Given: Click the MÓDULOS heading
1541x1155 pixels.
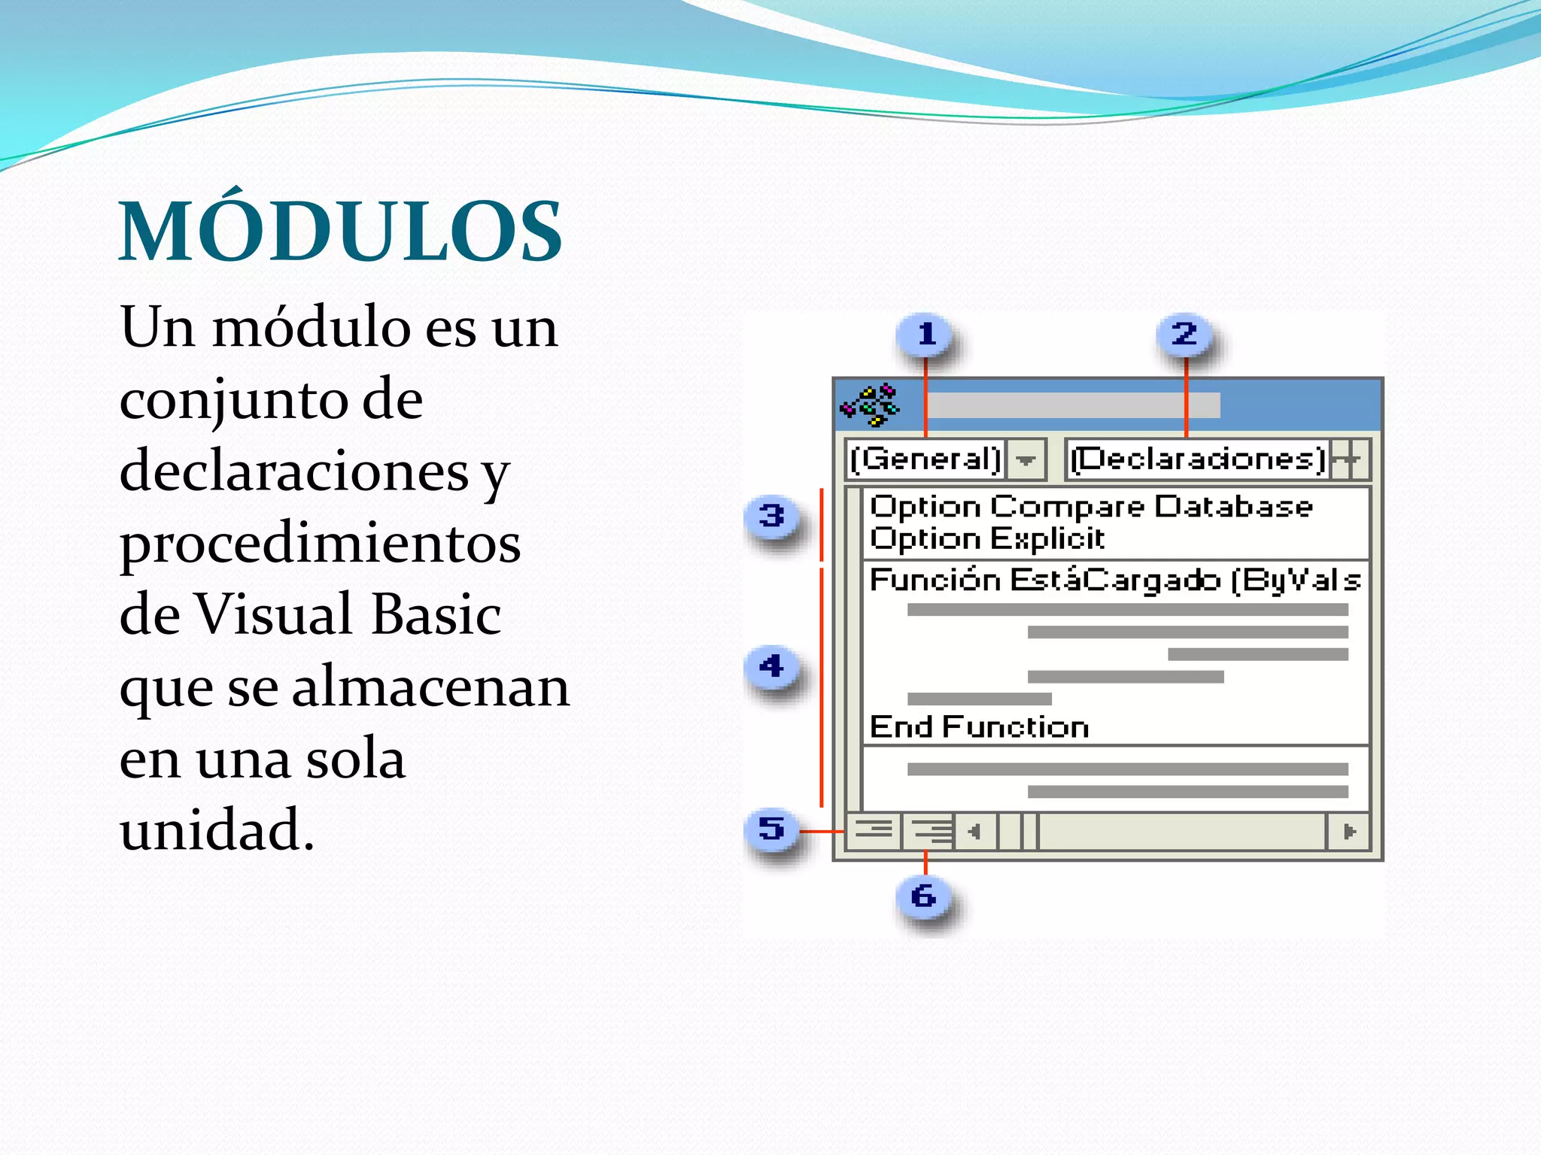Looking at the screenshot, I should point(340,232).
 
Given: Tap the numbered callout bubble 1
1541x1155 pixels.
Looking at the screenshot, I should point(926,335).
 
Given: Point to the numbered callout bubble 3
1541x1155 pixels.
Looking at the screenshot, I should point(771,517).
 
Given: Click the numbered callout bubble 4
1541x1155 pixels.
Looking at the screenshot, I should point(771,667).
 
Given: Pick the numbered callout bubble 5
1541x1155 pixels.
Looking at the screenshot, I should point(771,829).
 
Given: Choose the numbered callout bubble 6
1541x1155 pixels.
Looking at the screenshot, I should point(924,896).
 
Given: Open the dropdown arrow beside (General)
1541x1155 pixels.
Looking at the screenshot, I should point(1026,459).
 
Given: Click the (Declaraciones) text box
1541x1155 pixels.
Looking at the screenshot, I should point(1198,459).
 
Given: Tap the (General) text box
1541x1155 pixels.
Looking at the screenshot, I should point(926,459).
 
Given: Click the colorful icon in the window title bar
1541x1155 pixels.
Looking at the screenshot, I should point(870,405).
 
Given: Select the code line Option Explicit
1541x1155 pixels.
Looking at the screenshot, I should point(987,539).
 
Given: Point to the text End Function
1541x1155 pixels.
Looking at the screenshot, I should point(979,727).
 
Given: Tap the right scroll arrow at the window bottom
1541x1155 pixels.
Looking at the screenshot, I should point(1349,832).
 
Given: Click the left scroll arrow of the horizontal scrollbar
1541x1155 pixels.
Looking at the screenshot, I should point(975,832).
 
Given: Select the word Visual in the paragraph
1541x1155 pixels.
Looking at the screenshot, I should point(274,614).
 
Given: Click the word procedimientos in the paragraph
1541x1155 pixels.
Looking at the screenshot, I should point(320,543).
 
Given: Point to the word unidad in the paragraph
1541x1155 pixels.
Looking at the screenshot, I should point(217,830).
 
